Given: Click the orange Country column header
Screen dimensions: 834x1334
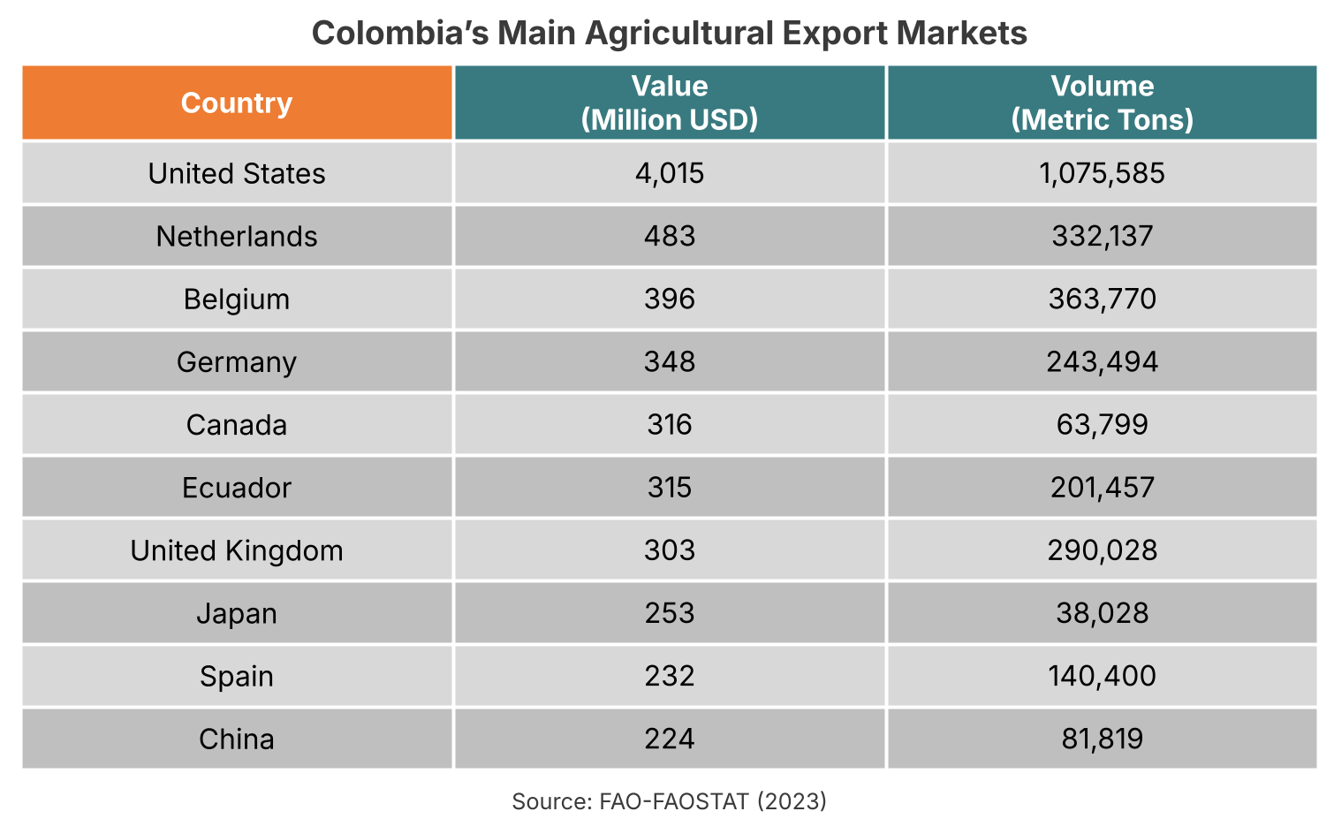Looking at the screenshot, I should [x=237, y=103].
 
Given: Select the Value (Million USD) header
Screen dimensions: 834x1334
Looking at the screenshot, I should [x=669, y=103].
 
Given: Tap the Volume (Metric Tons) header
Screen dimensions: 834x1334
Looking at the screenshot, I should [x=1102, y=103].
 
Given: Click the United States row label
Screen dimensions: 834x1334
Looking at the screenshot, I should [x=237, y=173].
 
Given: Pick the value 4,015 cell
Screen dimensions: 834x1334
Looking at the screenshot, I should [x=669, y=173].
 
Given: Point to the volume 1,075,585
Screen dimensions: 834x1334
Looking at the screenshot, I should [x=1102, y=173].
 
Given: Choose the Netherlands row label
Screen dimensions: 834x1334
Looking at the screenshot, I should [x=237, y=237].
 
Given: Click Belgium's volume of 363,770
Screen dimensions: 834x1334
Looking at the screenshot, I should [x=1102, y=299].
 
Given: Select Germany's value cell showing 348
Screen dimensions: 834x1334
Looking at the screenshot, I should [x=669, y=362].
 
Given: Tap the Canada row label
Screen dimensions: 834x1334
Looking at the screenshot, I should [x=237, y=425].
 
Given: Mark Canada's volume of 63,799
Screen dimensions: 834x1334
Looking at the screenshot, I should [x=1102, y=425].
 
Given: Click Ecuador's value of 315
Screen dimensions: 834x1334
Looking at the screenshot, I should [x=669, y=488].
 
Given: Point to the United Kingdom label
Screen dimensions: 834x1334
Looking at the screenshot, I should [x=237, y=550].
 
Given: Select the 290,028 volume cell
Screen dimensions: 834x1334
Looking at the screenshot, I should [x=1102, y=550].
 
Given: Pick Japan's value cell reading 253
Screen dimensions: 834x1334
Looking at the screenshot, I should [x=669, y=613].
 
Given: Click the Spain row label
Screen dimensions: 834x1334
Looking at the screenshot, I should [x=237, y=676].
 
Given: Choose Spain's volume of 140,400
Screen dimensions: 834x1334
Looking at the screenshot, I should [x=1102, y=676].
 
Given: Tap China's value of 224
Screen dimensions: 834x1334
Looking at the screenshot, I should [x=669, y=739].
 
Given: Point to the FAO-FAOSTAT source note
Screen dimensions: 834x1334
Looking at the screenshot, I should [x=669, y=801].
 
